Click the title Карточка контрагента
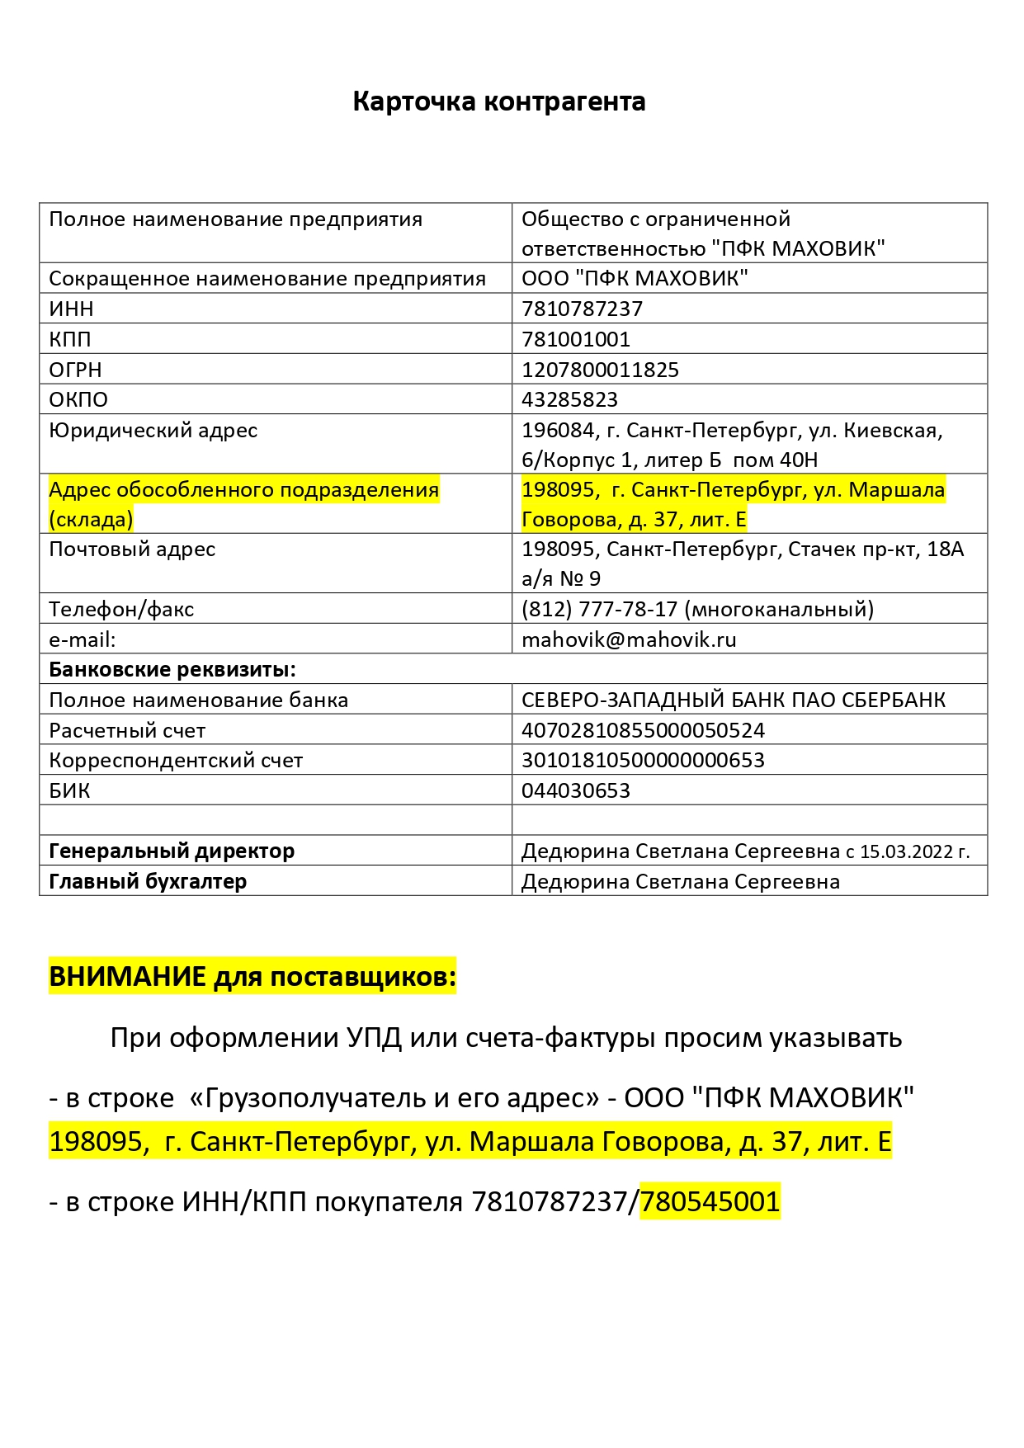498,101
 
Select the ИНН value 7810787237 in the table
582,309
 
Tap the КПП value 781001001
575,339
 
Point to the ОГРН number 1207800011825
600,370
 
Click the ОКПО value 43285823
569,399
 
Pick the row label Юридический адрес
153,430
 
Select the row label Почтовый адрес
132,549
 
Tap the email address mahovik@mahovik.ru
629,639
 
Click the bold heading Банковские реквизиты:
172,669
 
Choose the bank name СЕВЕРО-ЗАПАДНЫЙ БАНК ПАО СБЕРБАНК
733,700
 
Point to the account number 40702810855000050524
643,730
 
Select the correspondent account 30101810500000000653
643,760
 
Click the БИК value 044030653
575,790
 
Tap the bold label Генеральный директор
172,851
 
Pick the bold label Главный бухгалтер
148,881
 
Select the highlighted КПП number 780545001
710,1201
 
